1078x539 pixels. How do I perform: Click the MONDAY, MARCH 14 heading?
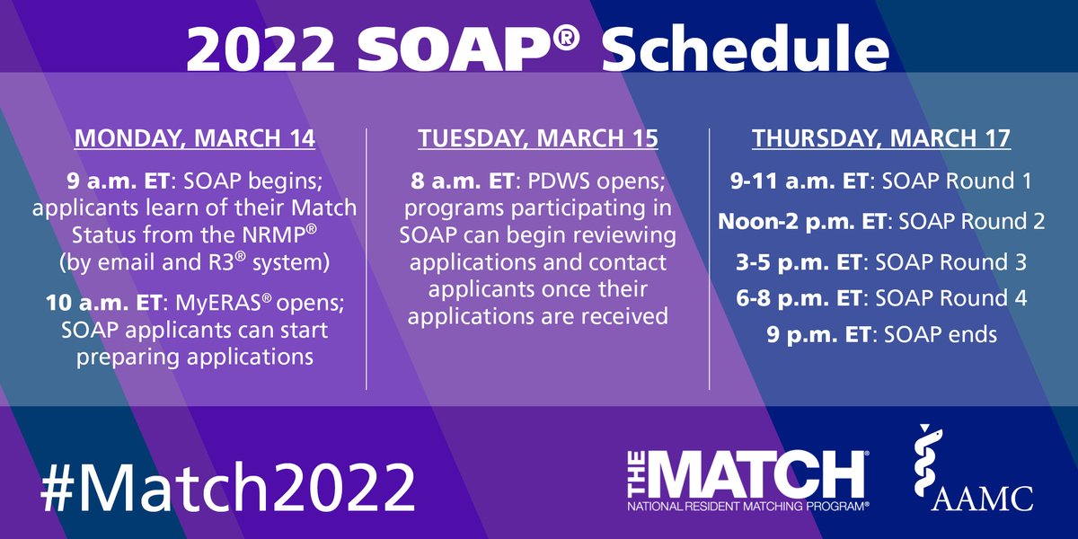tap(195, 139)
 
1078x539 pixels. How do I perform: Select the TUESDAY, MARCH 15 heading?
tap(537, 139)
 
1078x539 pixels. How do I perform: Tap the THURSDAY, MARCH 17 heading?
tap(880, 139)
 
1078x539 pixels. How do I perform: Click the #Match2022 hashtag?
tap(226, 488)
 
